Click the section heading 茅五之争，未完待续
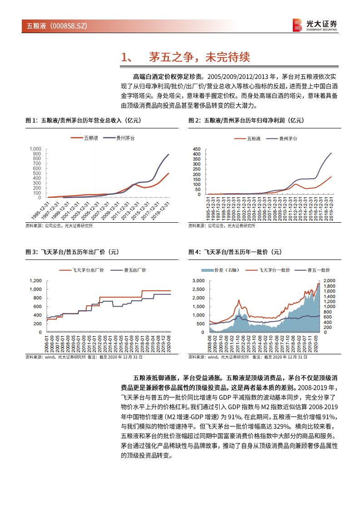point(199,57)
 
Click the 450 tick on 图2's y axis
point(196,149)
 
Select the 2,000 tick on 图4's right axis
point(329,281)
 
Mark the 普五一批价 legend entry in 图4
point(318,270)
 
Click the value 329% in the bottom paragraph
point(271,426)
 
